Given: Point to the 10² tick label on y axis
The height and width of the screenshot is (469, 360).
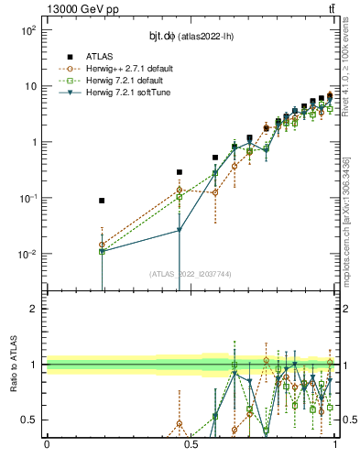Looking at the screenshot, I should point(29,30).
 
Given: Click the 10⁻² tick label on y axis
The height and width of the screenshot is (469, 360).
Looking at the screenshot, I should point(28,255).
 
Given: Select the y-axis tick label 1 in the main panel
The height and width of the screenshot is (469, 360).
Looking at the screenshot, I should point(34,142).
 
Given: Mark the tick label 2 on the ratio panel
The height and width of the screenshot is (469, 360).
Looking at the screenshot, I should point(35,309).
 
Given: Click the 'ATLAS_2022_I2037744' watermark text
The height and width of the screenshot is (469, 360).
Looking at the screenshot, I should point(190,273).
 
